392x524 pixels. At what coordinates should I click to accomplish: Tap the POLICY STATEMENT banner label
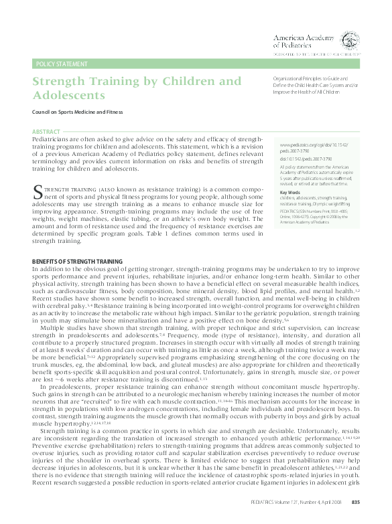point(62,64)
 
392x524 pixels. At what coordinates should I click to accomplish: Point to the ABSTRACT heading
point(46,132)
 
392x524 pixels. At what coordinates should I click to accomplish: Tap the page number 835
point(356,503)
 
